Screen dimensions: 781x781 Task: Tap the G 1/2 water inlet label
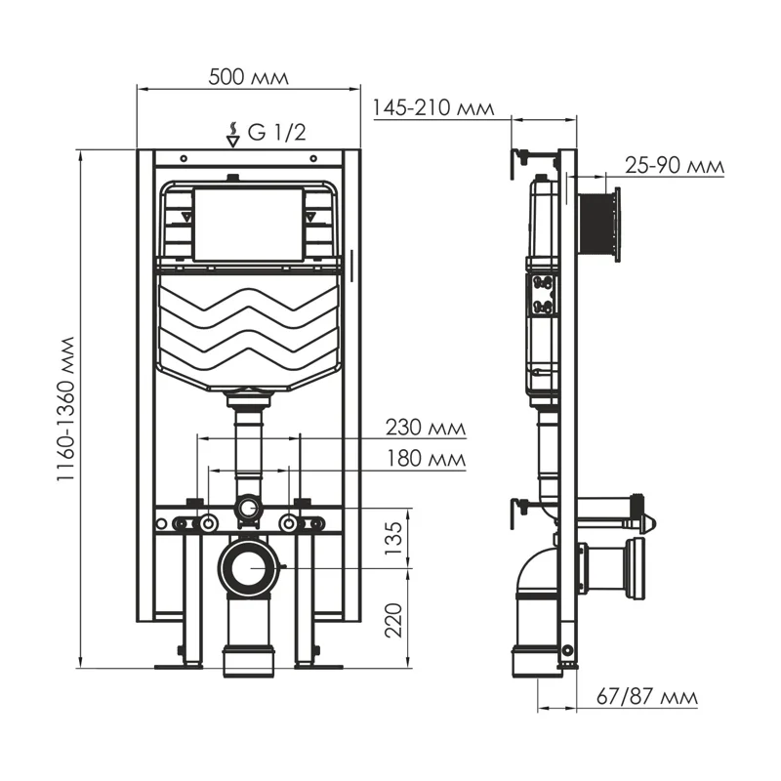276,133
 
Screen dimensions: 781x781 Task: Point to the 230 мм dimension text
424,428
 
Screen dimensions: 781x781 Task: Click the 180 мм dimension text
424,458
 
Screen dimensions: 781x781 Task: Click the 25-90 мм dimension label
675,166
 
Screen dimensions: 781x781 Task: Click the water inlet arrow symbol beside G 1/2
232,134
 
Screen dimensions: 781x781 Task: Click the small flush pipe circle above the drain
249,508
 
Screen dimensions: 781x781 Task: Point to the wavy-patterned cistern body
249,327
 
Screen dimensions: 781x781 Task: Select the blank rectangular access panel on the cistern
249,225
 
